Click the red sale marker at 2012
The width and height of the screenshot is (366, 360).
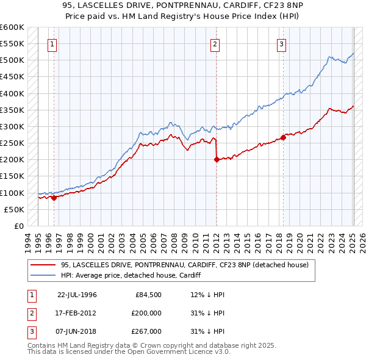pos(217,160)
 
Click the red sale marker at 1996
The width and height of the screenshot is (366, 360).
pos(54,197)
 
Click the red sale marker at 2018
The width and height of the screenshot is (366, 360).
pos(283,137)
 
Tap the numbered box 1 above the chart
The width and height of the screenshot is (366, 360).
pos(52,44)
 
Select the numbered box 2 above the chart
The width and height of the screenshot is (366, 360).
pos(216,44)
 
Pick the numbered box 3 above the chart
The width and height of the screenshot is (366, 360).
pos(282,44)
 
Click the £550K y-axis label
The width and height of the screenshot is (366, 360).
pos(12,44)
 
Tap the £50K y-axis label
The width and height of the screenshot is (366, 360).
pos(14,209)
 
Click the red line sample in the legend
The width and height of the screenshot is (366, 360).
pos(43,265)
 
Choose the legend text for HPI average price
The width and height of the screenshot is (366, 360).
pos(131,275)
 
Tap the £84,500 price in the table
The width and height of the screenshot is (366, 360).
pos(148,295)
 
